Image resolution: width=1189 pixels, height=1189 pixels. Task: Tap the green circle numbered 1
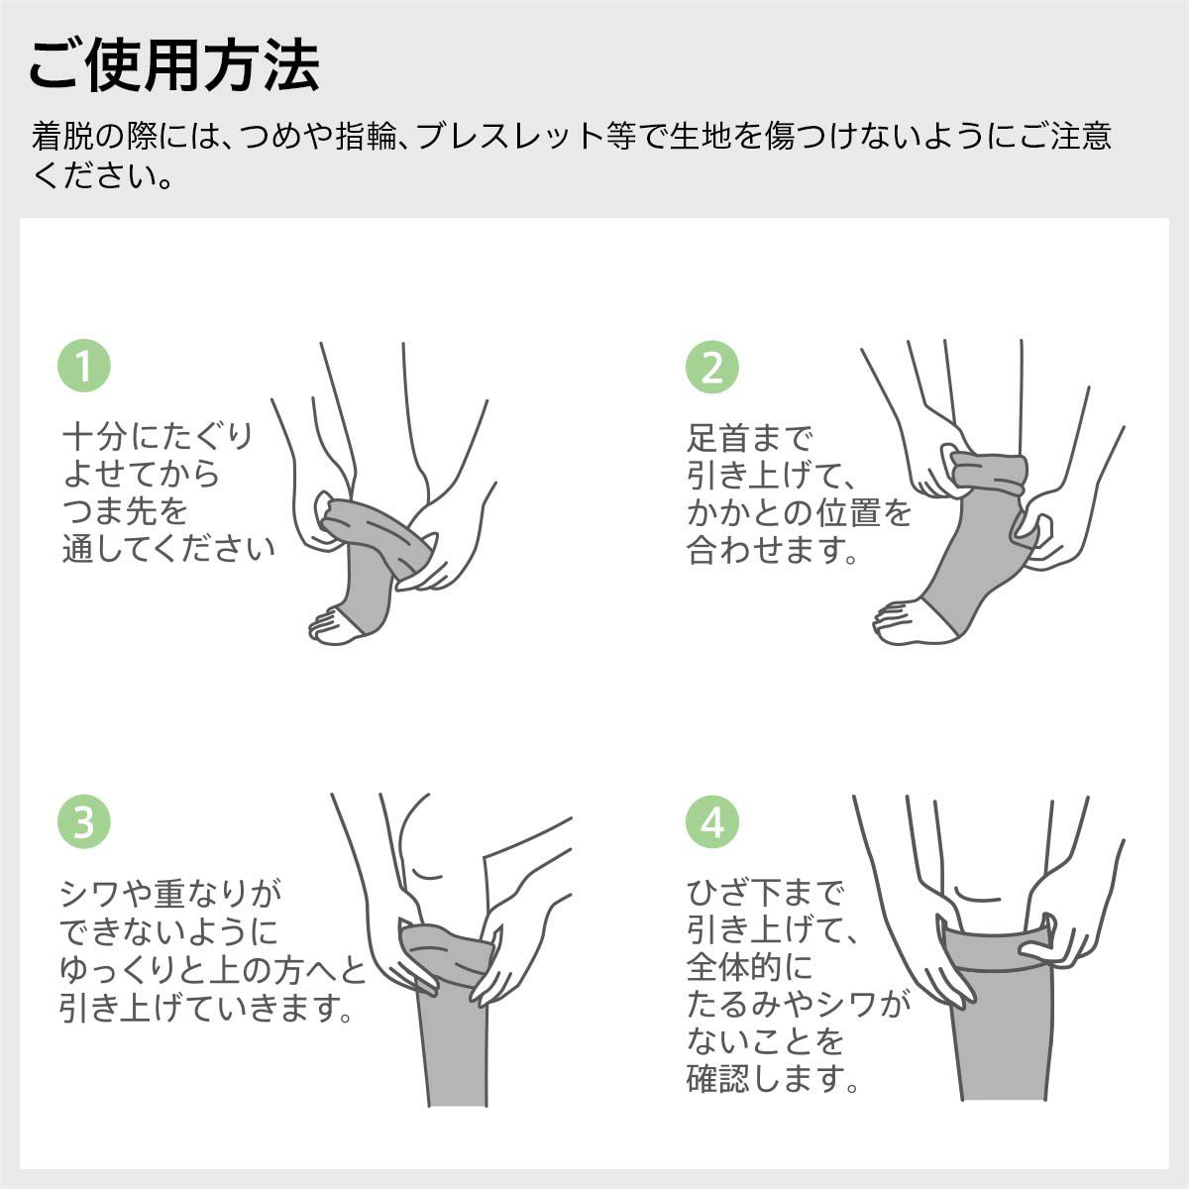tap(84, 366)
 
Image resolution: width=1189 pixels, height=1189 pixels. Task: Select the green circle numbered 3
tap(84, 822)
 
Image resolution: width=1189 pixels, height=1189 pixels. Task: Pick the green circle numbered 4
tap(712, 822)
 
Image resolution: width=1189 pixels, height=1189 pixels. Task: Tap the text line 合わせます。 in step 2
tap(773, 550)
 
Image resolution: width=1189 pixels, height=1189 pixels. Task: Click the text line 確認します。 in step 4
tap(773, 1078)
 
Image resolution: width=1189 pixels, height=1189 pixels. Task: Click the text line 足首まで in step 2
tap(749, 436)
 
